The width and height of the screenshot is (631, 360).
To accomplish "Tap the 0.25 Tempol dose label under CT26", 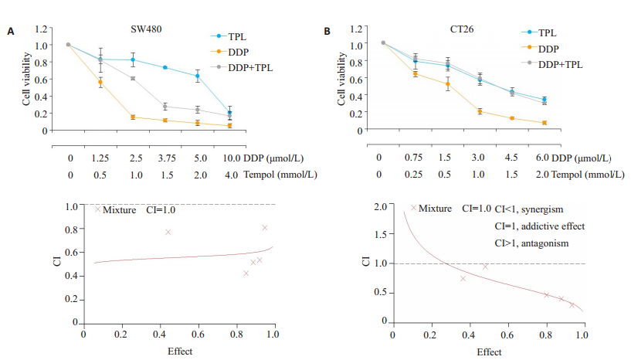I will click(x=415, y=175).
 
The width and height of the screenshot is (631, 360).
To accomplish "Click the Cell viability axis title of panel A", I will click(x=26, y=80).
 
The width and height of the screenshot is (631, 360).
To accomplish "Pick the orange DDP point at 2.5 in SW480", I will click(x=133, y=117).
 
